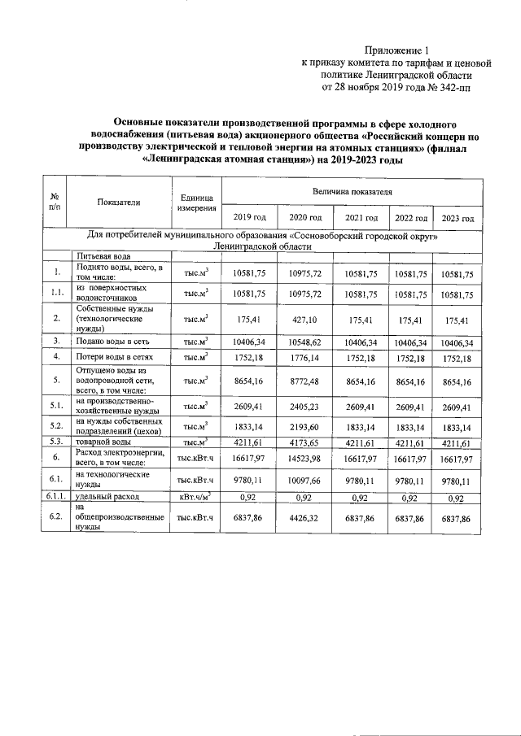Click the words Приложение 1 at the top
(x=396, y=50)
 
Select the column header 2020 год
(x=305, y=218)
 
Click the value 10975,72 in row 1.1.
(x=305, y=294)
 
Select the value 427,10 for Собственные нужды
(x=305, y=320)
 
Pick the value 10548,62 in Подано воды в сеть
(x=305, y=342)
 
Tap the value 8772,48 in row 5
(x=305, y=380)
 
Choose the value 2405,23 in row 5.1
(x=305, y=405)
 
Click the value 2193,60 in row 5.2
(x=305, y=427)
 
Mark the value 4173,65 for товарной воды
(x=305, y=442)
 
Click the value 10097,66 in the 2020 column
(x=305, y=479)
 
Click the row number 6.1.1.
(x=54, y=496)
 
